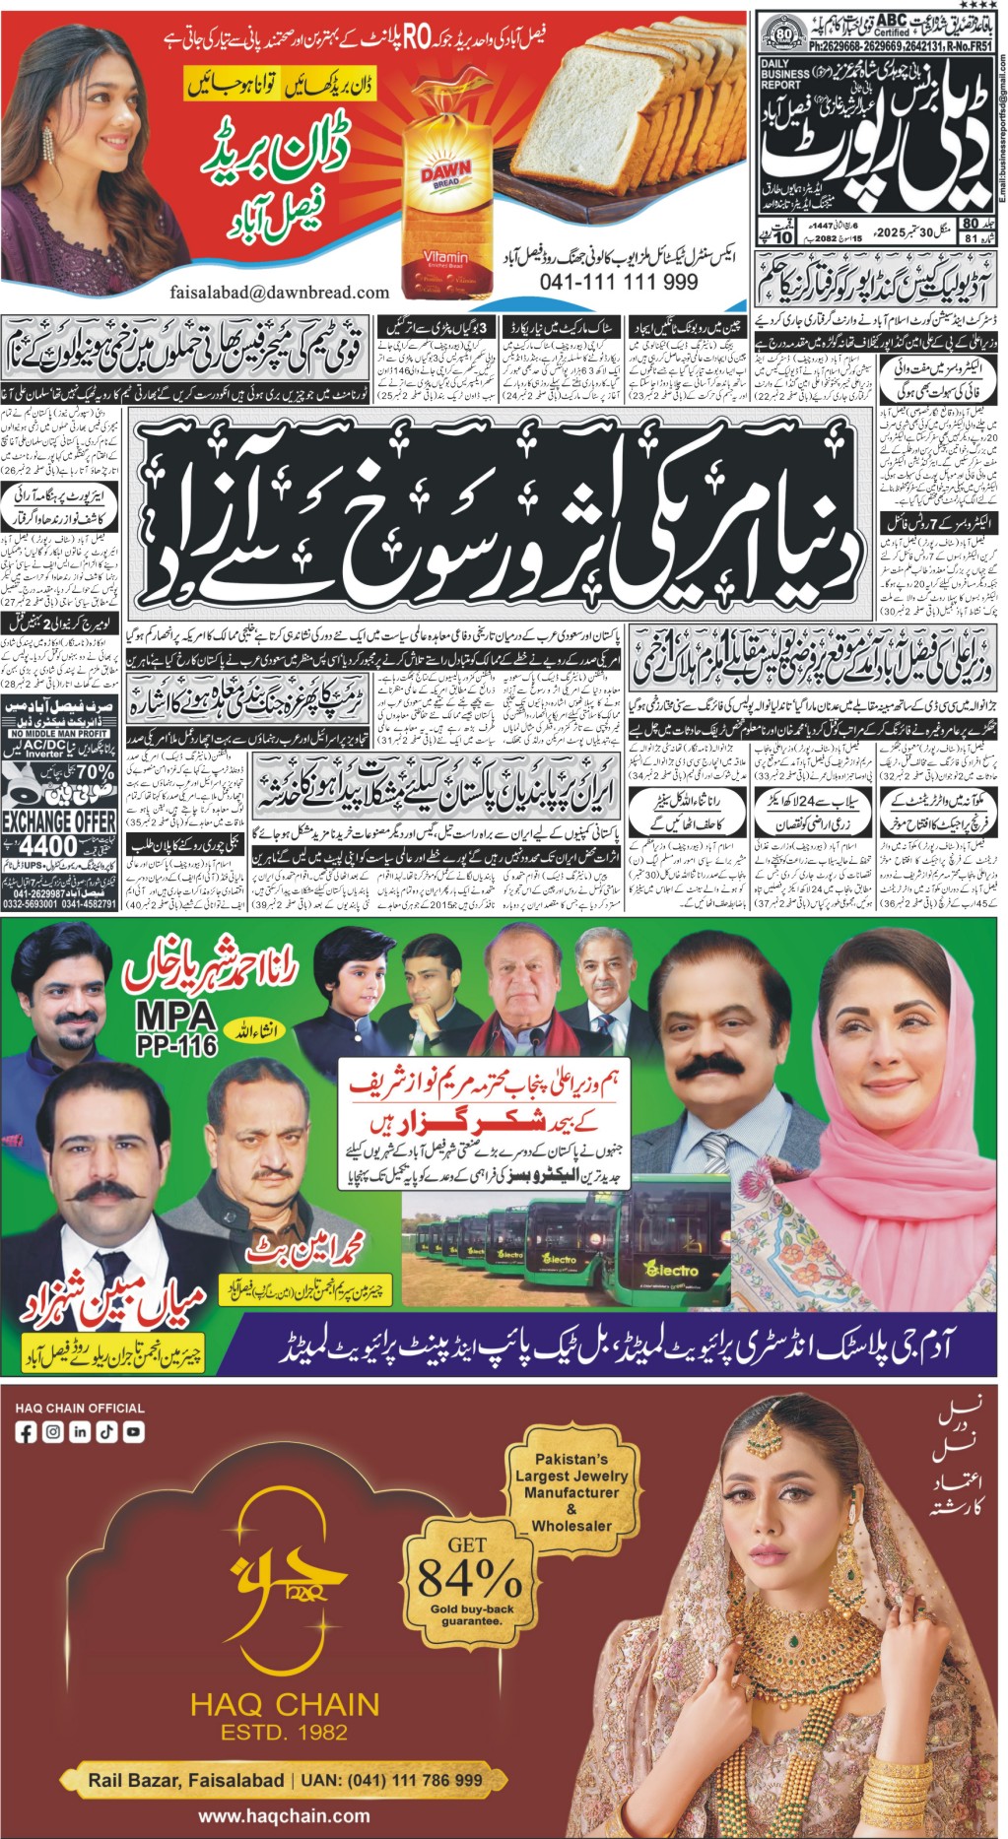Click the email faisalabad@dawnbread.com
click(279, 293)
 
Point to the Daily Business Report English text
click(785, 75)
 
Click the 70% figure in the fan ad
click(95, 772)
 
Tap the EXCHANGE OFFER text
click(59, 821)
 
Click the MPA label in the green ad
click(174, 1016)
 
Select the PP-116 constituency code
click(177, 1045)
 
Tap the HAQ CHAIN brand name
click(284, 1705)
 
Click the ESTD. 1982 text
click(284, 1732)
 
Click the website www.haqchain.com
click(284, 1816)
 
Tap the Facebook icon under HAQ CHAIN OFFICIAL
click(26, 1432)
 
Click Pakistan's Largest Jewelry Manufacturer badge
click(571, 1491)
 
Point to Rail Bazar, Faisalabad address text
click(185, 1780)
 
